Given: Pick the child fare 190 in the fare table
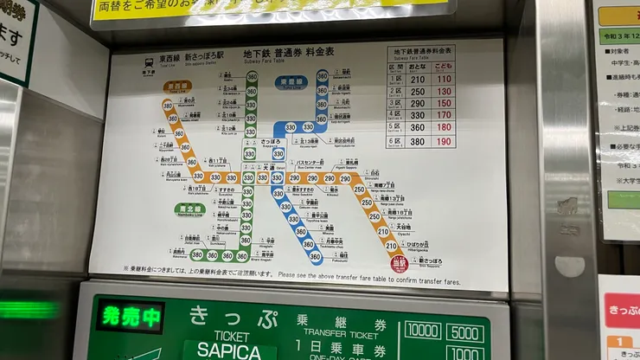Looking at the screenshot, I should coord(444,141).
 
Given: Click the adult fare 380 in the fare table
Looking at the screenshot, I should coord(419,141).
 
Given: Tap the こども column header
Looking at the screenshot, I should coord(444,66).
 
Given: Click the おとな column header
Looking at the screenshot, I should coord(419,66).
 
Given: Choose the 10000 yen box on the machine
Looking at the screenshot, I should coord(422,330).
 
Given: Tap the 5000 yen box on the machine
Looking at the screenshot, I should coord(465,331).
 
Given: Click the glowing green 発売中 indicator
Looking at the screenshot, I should coord(129,317).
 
